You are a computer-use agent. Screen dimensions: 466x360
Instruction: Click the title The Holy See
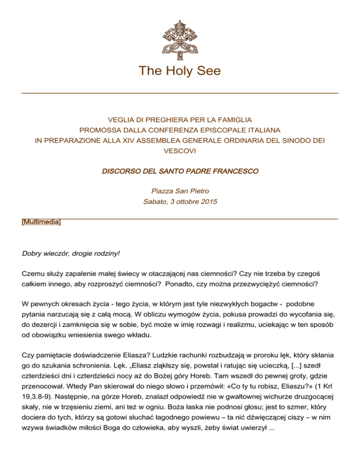(180, 71)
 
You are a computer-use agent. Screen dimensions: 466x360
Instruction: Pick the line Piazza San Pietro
(180, 191)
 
